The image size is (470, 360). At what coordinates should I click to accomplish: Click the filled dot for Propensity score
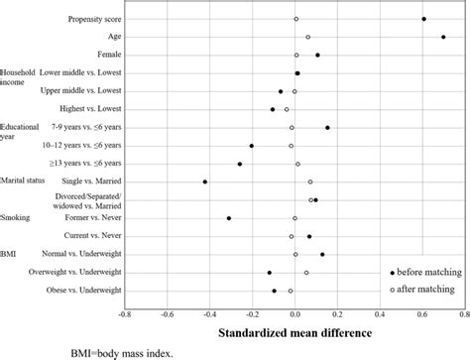(x=423, y=19)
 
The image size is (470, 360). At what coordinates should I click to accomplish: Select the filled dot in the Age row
(x=443, y=37)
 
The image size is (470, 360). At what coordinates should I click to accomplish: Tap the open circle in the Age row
(x=308, y=37)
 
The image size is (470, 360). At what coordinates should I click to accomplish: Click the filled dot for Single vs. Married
(x=205, y=181)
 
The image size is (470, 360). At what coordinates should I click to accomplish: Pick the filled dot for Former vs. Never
(x=229, y=218)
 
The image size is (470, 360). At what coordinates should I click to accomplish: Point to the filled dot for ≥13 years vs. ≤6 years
(x=240, y=164)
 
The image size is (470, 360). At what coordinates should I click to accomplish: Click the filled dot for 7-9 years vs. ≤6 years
(x=327, y=127)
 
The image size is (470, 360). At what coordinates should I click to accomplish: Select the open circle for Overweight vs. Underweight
(x=306, y=273)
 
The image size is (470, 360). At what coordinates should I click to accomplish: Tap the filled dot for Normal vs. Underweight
(x=322, y=255)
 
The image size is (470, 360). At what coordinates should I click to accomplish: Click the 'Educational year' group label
(x=20, y=132)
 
